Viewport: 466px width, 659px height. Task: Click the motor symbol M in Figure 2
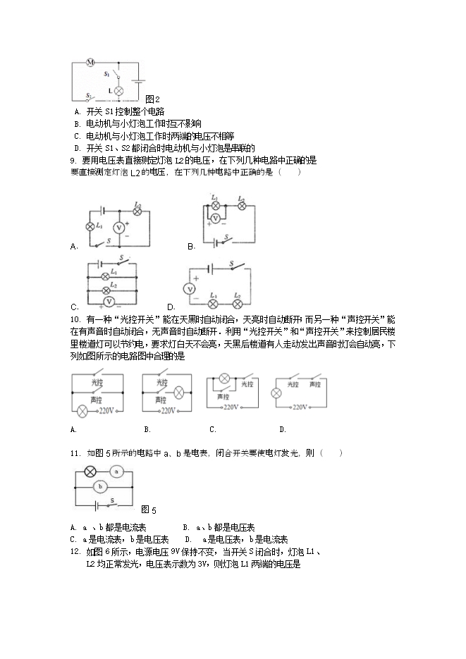click(90, 63)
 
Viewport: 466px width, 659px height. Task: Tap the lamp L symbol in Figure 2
click(119, 91)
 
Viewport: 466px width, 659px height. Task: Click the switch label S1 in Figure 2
click(106, 73)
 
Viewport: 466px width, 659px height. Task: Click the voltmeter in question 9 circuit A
click(119, 227)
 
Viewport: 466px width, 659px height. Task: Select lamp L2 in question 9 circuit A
click(137, 210)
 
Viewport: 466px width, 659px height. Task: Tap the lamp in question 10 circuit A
click(83, 409)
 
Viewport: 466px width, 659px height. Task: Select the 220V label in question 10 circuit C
click(231, 407)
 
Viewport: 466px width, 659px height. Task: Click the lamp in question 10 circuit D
click(277, 391)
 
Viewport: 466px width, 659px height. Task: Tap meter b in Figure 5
click(100, 486)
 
